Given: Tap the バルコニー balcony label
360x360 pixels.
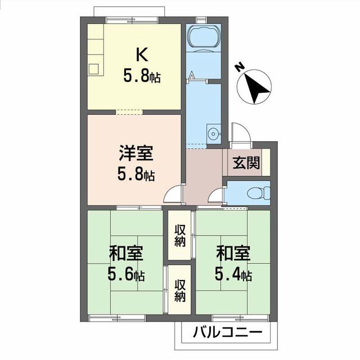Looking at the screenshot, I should (x=227, y=332).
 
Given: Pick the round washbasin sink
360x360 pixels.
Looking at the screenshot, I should (x=213, y=134).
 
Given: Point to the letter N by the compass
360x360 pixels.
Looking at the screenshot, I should (x=240, y=67).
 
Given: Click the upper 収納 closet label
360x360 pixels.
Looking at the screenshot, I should (x=180, y=235).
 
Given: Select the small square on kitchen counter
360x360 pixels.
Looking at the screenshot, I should (x=93, y=69).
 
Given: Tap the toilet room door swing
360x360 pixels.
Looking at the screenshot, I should (x=215, y=196).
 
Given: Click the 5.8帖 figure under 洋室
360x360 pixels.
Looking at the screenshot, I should (x=136, y=175).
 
